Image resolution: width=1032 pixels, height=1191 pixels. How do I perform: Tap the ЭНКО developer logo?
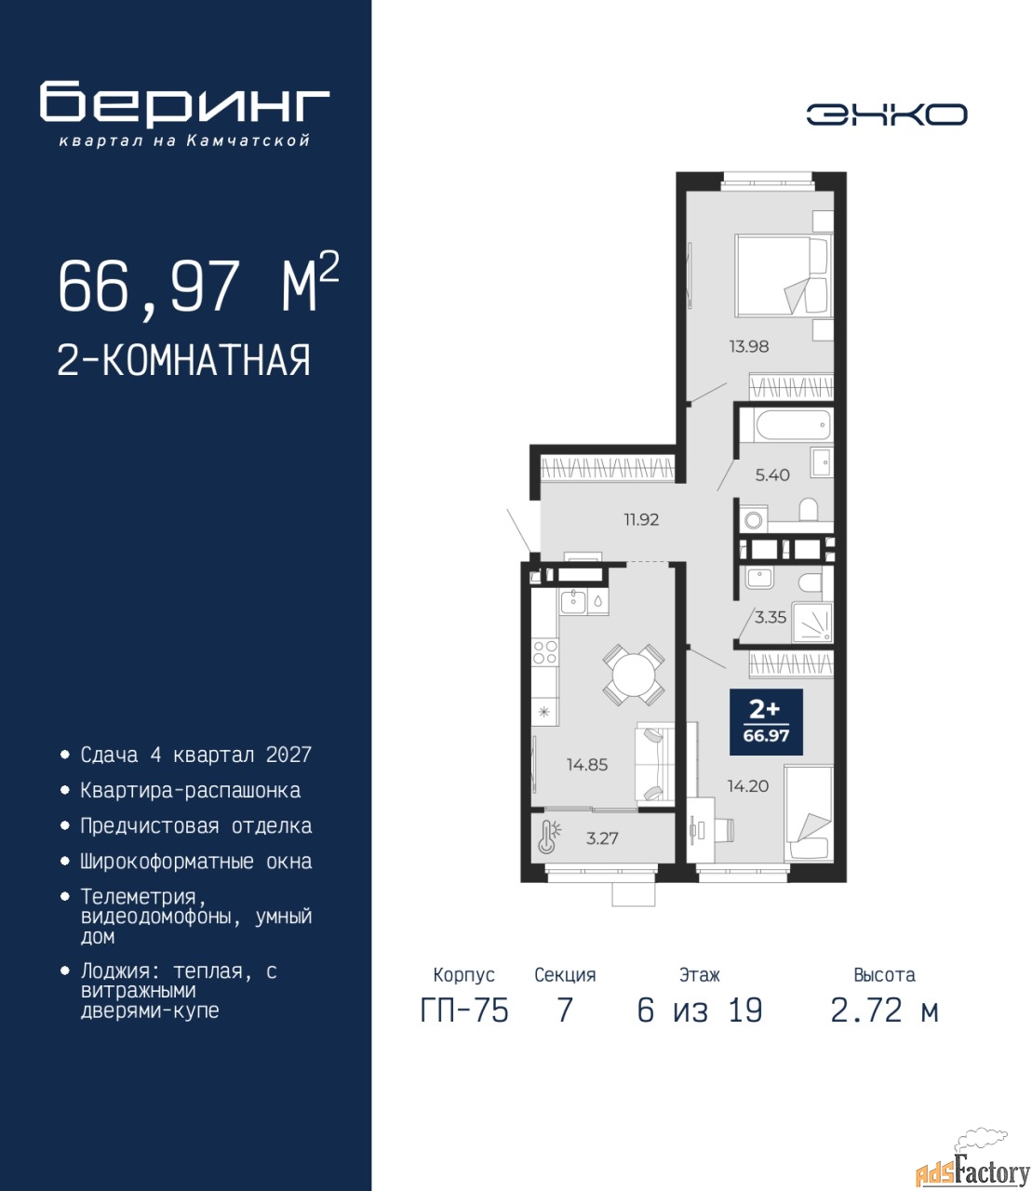click(886, 114)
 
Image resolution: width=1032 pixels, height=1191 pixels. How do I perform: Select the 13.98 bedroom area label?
click(748, 347)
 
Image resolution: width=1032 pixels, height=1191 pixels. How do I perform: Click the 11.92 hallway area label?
click(641, 520)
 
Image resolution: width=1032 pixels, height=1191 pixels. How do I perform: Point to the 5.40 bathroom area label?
click(772, 475)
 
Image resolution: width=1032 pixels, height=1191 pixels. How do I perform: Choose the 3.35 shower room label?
click(771, 618)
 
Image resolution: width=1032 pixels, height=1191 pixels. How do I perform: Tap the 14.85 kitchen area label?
click(587, 765)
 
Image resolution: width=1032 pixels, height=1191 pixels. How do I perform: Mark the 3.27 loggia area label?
click(602, 837)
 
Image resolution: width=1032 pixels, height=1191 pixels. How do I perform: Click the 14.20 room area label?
click(748, 786)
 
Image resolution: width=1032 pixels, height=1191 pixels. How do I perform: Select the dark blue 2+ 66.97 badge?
click(766, 721)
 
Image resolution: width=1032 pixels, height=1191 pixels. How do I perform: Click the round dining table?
click(634, 675)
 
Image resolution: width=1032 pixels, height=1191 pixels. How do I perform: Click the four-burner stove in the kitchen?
click(544, 651)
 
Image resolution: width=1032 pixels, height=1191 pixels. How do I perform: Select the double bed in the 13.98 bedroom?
click(784, 274)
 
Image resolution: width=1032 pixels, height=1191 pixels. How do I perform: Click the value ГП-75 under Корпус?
click(464, 1010)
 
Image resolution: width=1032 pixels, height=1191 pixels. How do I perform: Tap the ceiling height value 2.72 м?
click(884, 1010)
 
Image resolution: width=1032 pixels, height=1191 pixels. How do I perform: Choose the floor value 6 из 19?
click(700, 1010)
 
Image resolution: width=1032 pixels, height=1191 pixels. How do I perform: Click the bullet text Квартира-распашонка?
click(191, 791)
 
